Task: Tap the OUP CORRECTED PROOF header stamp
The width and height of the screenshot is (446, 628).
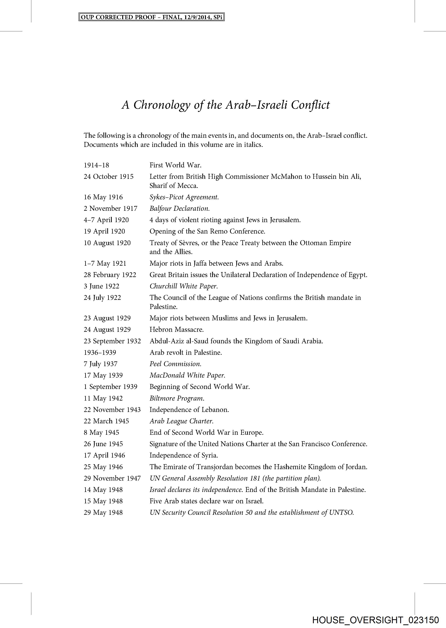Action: [x=152, y=17]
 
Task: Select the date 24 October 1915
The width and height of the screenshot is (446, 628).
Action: [x=109, y=177]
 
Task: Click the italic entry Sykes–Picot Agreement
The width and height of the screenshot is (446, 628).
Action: [x=184, y=197]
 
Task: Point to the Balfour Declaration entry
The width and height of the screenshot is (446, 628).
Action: [x=179, y=209]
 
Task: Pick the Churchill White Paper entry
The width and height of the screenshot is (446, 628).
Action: [x=184, y=286]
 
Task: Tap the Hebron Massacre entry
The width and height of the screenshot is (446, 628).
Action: [x=176, y=329]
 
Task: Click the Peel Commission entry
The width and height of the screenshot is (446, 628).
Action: [x=175, y=364]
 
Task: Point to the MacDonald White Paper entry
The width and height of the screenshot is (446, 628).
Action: [x=187, y=375]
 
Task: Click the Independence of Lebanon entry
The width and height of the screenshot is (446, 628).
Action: [x=189, y=410]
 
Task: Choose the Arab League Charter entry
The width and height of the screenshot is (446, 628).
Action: [x=181, y=421]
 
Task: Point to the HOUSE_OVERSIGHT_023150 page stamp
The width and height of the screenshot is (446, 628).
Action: [x=375, y=620]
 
